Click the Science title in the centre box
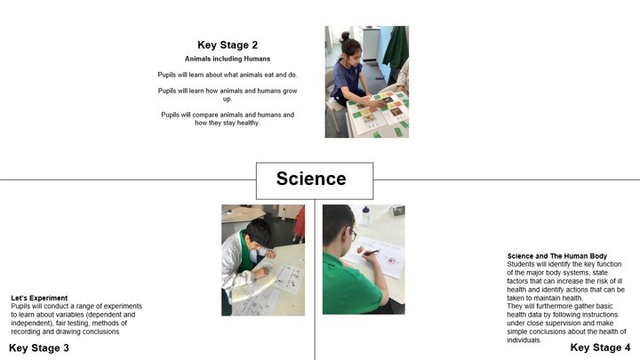pyautogui.click(x=311, y=179)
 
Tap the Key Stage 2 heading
pyautogui.click(x=228, y=45)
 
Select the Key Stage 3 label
pyautogui.click(x=39, y=348)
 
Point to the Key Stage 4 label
pyautogui.click(x=600, y=348)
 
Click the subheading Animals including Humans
pyautogui.click(x=228, y=59)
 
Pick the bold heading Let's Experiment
pyautogui.click(x=39, y=298)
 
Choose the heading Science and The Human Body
pyautogui.click(x=556, y=256)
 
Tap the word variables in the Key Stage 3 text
pyautogui.click(x=71, y=315)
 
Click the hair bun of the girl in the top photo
pyautogui.click(x=345, y=36)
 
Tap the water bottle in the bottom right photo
pyautogui.click(x=365, y=215)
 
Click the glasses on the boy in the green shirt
pyautogui.click(x=353, y=235)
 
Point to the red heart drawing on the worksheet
pyautogui.click(x=360, y=250)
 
